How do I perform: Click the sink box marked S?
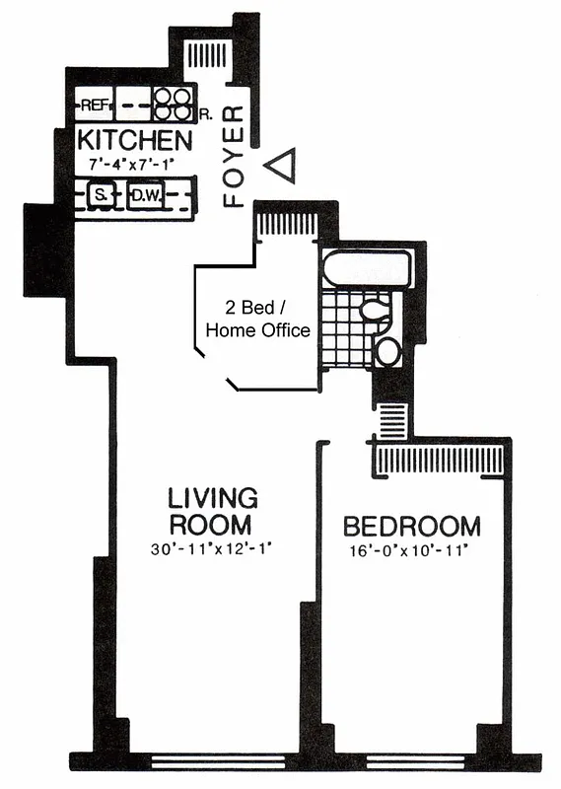[99, 196]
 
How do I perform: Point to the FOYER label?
[234, 158]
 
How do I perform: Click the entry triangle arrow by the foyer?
[283, 165]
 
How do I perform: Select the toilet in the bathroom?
[376, 312]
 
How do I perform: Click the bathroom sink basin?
[387, 350]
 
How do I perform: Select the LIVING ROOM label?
[211, 510]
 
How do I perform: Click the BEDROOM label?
[411, 526]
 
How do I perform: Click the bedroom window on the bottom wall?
[414, 761]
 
